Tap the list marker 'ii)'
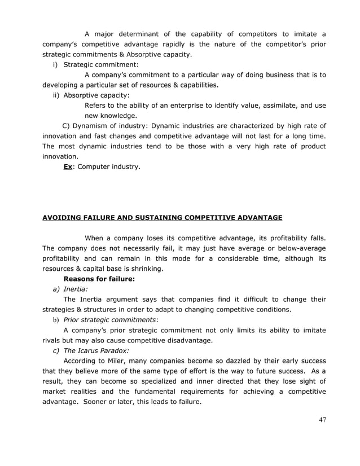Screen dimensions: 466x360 56,95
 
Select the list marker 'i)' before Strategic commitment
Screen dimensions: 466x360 56,65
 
